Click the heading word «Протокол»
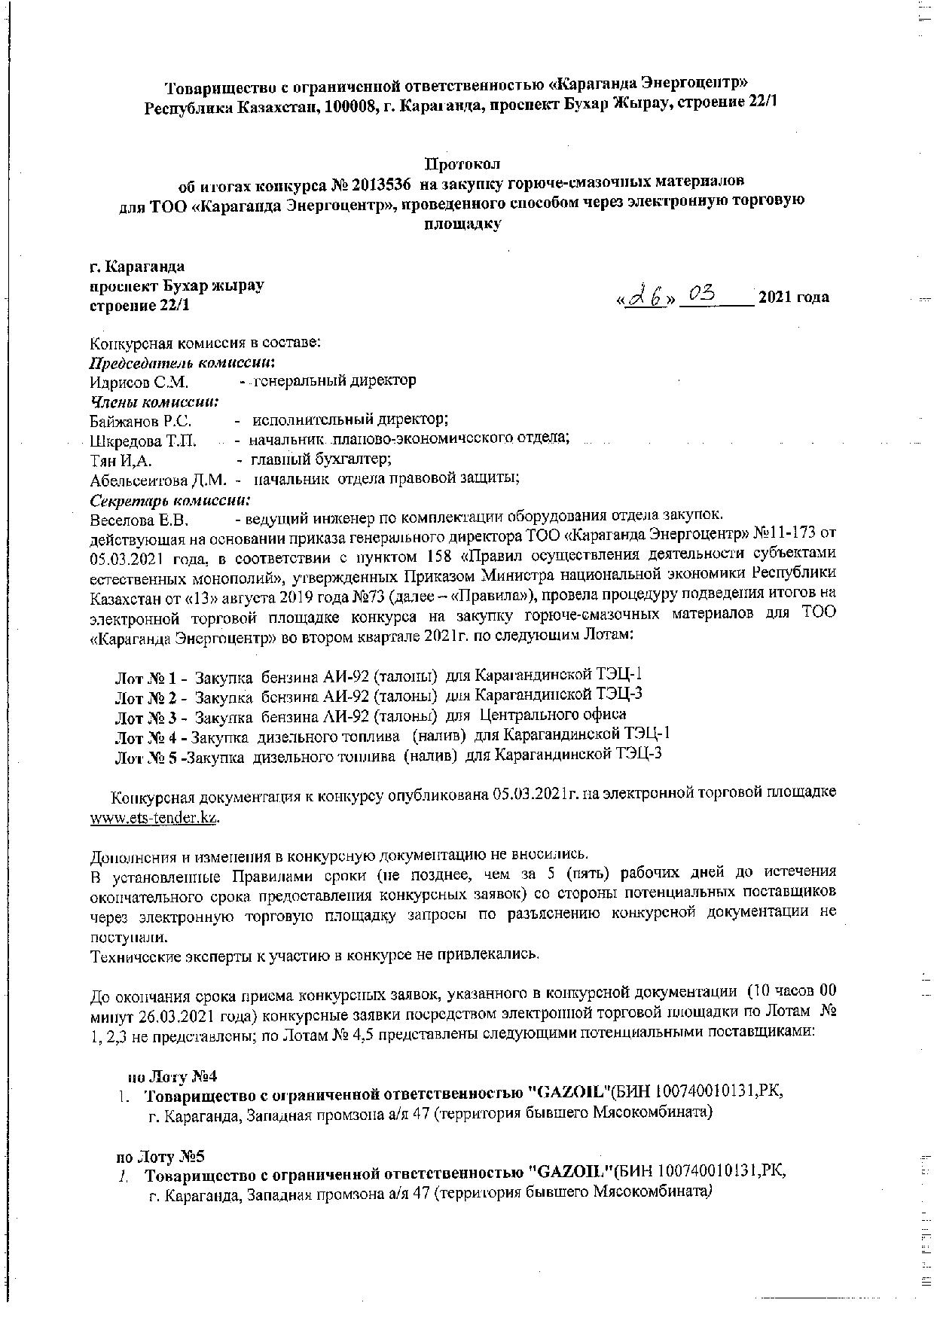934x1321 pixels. pos(462,163)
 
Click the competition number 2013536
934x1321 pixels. pos(375,183)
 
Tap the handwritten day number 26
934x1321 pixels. pos(646,297)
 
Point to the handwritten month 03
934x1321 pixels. pos(700,294)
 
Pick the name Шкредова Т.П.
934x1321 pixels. pos(143,440)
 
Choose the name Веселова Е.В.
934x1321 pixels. pos(139,520)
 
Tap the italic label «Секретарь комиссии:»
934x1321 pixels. pos(170,500)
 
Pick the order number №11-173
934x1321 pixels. pos(783,535)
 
